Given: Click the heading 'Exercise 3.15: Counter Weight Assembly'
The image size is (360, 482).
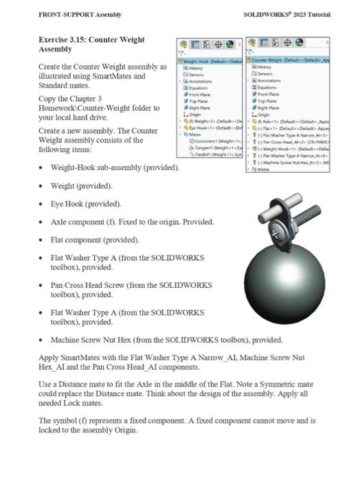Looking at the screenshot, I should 91,45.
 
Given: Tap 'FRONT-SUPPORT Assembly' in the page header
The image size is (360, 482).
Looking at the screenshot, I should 80,14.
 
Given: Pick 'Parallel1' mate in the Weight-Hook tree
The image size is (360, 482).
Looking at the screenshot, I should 210,155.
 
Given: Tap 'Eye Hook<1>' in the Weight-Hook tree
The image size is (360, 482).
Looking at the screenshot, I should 204,128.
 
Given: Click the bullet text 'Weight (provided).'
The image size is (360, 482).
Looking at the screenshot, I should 82,186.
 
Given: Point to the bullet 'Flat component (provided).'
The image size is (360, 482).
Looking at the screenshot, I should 95,240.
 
